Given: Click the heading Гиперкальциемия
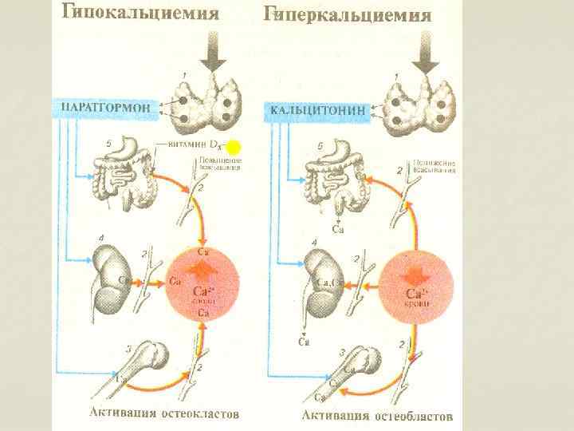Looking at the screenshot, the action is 348,14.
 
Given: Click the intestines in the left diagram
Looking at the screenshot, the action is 128,176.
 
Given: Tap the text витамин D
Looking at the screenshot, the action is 196,145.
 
